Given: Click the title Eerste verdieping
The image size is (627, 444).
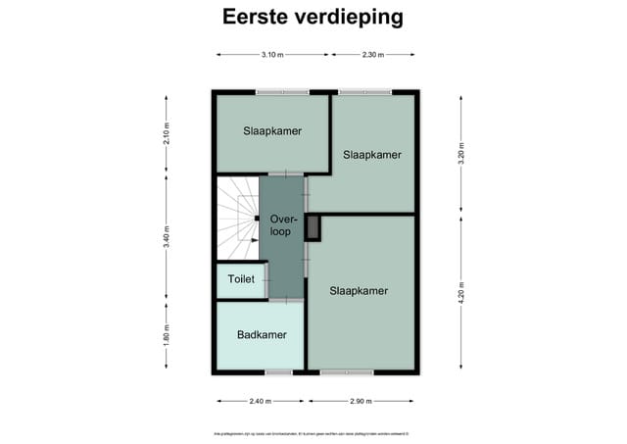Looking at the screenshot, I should tap(313, 18).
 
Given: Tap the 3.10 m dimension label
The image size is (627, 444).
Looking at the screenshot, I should tap(272, 55).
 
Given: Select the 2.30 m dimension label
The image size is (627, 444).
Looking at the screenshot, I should tap(372, 55).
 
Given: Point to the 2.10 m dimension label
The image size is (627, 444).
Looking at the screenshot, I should tap(167, 132).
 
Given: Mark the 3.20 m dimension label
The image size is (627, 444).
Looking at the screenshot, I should tap(460, 153).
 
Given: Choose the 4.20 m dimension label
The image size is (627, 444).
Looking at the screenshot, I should tap(460, 293).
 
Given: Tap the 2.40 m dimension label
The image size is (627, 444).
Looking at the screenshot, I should tap(261, 401).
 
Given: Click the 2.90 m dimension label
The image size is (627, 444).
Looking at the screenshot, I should tap(361, 401).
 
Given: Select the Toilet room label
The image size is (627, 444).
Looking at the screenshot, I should tap(241, 279).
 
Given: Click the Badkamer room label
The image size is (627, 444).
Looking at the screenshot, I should tap(262, 335).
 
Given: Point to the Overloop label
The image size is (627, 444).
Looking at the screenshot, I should tap(283, 225).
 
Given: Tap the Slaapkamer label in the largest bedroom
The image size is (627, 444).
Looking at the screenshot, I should tap(359, 291).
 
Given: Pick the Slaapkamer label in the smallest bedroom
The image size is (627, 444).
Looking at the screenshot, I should tap(272, 131).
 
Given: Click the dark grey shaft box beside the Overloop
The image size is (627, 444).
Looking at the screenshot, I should tap(313, 227).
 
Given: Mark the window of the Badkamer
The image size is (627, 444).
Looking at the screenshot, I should tap(278, 371).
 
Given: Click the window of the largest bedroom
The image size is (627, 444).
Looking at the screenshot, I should tap(347, 371).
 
